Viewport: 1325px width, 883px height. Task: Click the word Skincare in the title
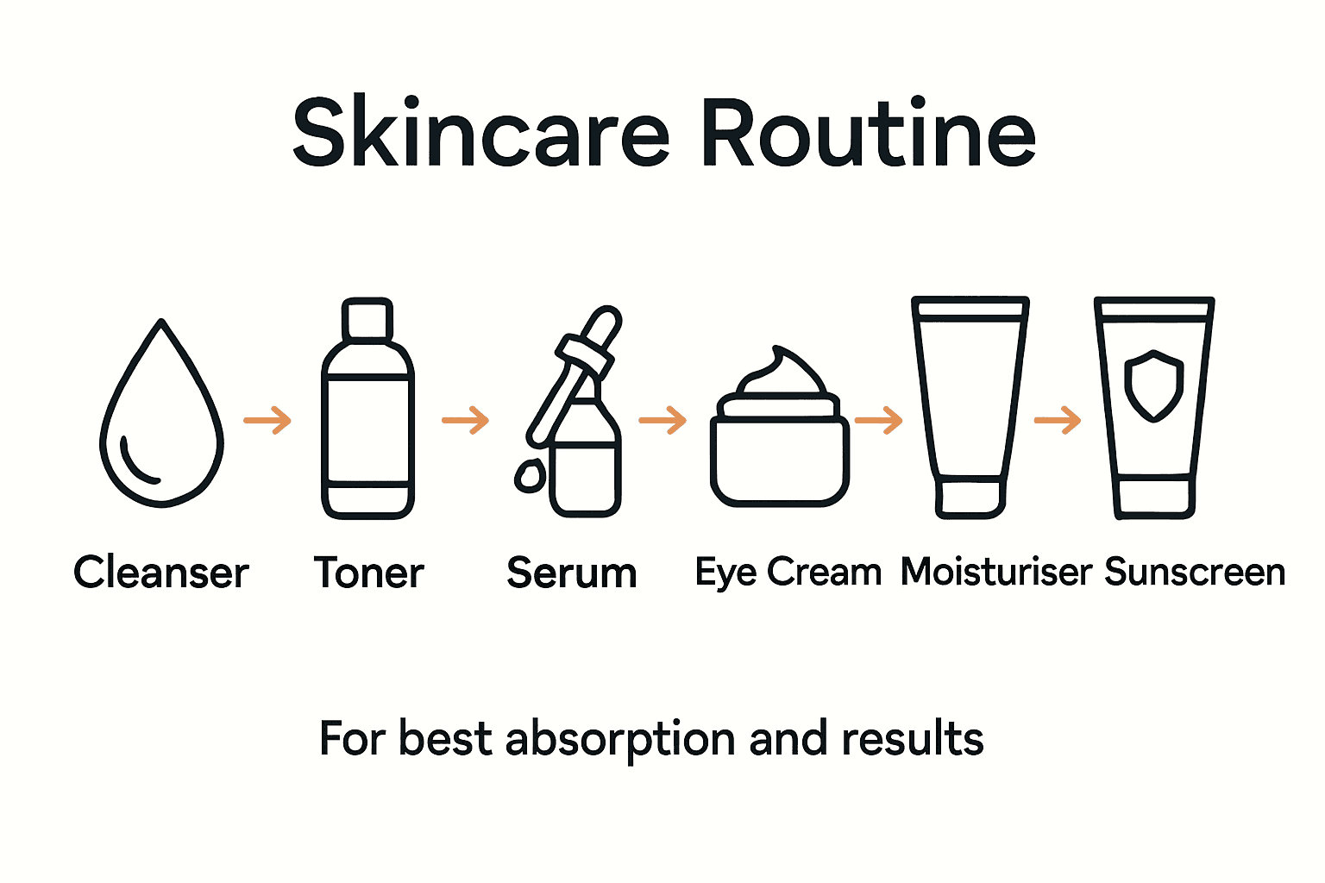(x=481, y=134)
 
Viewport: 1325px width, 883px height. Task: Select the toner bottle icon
(x=368, y=423)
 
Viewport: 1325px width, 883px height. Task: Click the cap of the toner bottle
(x=368, y=319)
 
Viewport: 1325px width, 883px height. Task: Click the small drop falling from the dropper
(x=529, y=475)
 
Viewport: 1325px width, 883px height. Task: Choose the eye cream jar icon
(x=780, y=440)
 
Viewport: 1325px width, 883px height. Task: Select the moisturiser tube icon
(x=970, y=405)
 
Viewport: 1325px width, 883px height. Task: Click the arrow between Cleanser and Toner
(x=267, y=421)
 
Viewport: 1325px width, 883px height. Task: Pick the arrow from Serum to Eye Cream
(x=662, y=421)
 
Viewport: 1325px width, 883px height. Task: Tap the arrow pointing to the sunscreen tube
(x=1058, y=421)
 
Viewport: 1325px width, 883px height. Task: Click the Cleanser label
(x=161, y=573)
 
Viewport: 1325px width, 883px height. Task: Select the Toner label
(x=368, y=573)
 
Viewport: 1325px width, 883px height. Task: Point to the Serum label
(x=572, y=573)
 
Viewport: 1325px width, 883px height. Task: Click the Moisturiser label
(x=996, y=572)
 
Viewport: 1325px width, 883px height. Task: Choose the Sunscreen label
(x=1195, y=572)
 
